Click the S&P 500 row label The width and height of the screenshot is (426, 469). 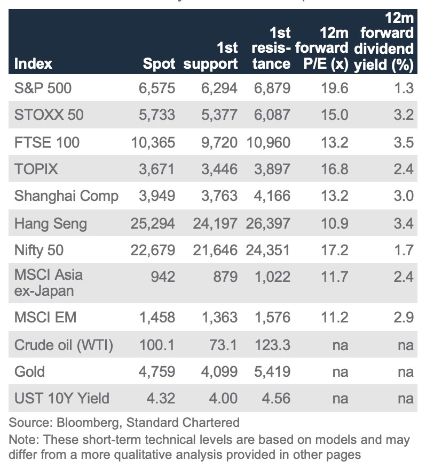(x=43, y=88)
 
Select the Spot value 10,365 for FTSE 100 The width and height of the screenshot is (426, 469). (x=153, y=142)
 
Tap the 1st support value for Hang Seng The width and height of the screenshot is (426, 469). (x=215, y=223)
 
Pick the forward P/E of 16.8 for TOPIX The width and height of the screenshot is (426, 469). (x=335, y=169)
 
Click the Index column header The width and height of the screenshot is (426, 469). (x=33, y=64)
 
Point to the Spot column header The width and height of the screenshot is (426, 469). (x=159, y=64)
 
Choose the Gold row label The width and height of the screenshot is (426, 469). (x=29, y=371)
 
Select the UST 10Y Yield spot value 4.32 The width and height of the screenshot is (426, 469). (x=157, y=398)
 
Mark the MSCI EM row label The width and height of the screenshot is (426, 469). (x=45, y=318)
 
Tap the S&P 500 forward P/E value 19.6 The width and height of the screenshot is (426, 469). (x=335, y=88)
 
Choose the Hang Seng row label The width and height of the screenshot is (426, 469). (x=50, y=223)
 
